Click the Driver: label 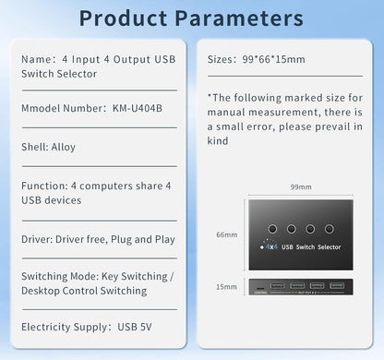(x=39, y=239)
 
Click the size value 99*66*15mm (x=271, y=59)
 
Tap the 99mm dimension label (x=299, y=186)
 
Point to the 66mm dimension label (x=226, y=234)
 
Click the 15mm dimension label (x=226, y=287)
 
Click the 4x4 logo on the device (x=271, y=247)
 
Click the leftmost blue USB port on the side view (x=276, y=285)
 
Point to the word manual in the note (x=227, y=112)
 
